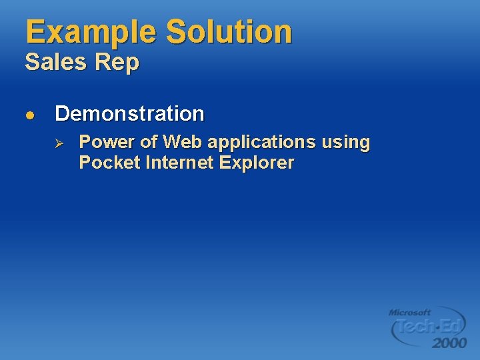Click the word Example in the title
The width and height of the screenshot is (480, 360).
[91, 33]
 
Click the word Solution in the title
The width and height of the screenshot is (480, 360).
[229, 33]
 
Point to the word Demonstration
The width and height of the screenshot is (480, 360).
[129, 114]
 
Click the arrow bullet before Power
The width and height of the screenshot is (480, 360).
[58, 143]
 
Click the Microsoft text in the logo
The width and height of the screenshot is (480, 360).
[410, 312]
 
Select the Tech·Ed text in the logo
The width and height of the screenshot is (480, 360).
[429, 327]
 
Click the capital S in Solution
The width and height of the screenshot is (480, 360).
[177, 33]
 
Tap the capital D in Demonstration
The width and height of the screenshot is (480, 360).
[63, 114]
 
